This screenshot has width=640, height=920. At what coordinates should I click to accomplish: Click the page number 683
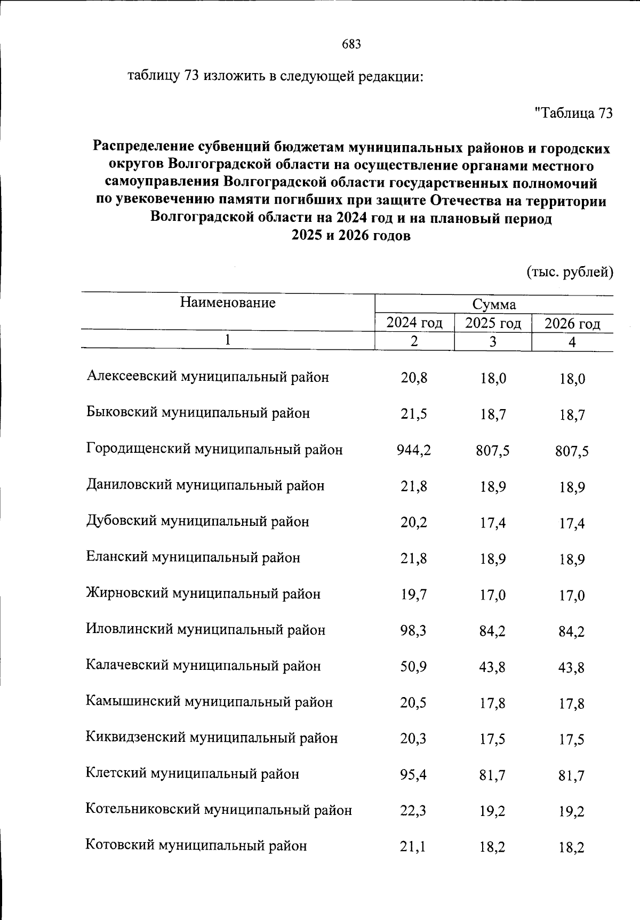(351, 44)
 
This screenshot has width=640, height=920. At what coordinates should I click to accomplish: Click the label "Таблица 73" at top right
(573, 113)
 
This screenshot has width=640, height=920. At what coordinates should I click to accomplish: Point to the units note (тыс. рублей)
(570, 272)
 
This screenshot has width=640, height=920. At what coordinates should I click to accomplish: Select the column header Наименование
(228, 303)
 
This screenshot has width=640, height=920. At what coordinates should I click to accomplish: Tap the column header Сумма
(494, 305)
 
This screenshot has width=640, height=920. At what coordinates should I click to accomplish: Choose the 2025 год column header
(493, 323)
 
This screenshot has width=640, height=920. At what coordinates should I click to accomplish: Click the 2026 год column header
(572, 324)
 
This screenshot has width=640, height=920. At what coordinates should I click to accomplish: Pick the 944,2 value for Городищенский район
(414, 451)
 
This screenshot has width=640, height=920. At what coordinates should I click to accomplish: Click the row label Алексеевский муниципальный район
(208, 377)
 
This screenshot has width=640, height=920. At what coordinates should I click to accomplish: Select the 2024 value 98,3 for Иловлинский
(414, 631)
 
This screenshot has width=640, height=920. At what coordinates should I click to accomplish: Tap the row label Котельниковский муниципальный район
(219, 810)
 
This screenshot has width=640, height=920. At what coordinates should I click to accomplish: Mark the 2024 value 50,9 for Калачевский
(414, 667)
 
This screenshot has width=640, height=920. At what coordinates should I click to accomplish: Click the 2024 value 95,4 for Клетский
(414, 774)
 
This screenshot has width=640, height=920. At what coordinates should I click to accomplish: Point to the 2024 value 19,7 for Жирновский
(414, 595)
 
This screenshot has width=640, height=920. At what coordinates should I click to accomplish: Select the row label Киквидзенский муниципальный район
(212, 738)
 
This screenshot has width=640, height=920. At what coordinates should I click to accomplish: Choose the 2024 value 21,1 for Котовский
(414, 846)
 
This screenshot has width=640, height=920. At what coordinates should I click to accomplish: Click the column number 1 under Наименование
(228, 340)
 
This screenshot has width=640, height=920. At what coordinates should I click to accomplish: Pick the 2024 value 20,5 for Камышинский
(414, 703)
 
